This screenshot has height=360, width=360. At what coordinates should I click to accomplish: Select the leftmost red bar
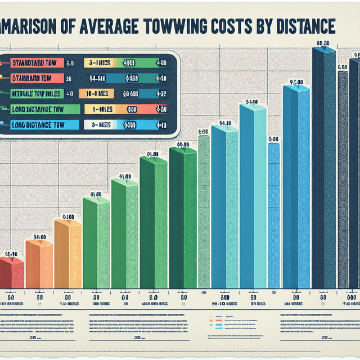(11, 273)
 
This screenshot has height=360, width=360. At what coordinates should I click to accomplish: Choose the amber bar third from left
(67, 253)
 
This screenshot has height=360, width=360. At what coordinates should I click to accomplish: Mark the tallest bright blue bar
(296, 186)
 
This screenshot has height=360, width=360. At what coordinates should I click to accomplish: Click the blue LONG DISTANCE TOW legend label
(36, 125)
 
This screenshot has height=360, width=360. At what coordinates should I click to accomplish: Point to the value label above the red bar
(12, 254)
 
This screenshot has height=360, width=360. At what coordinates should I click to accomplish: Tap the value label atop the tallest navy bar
(323, 43)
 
